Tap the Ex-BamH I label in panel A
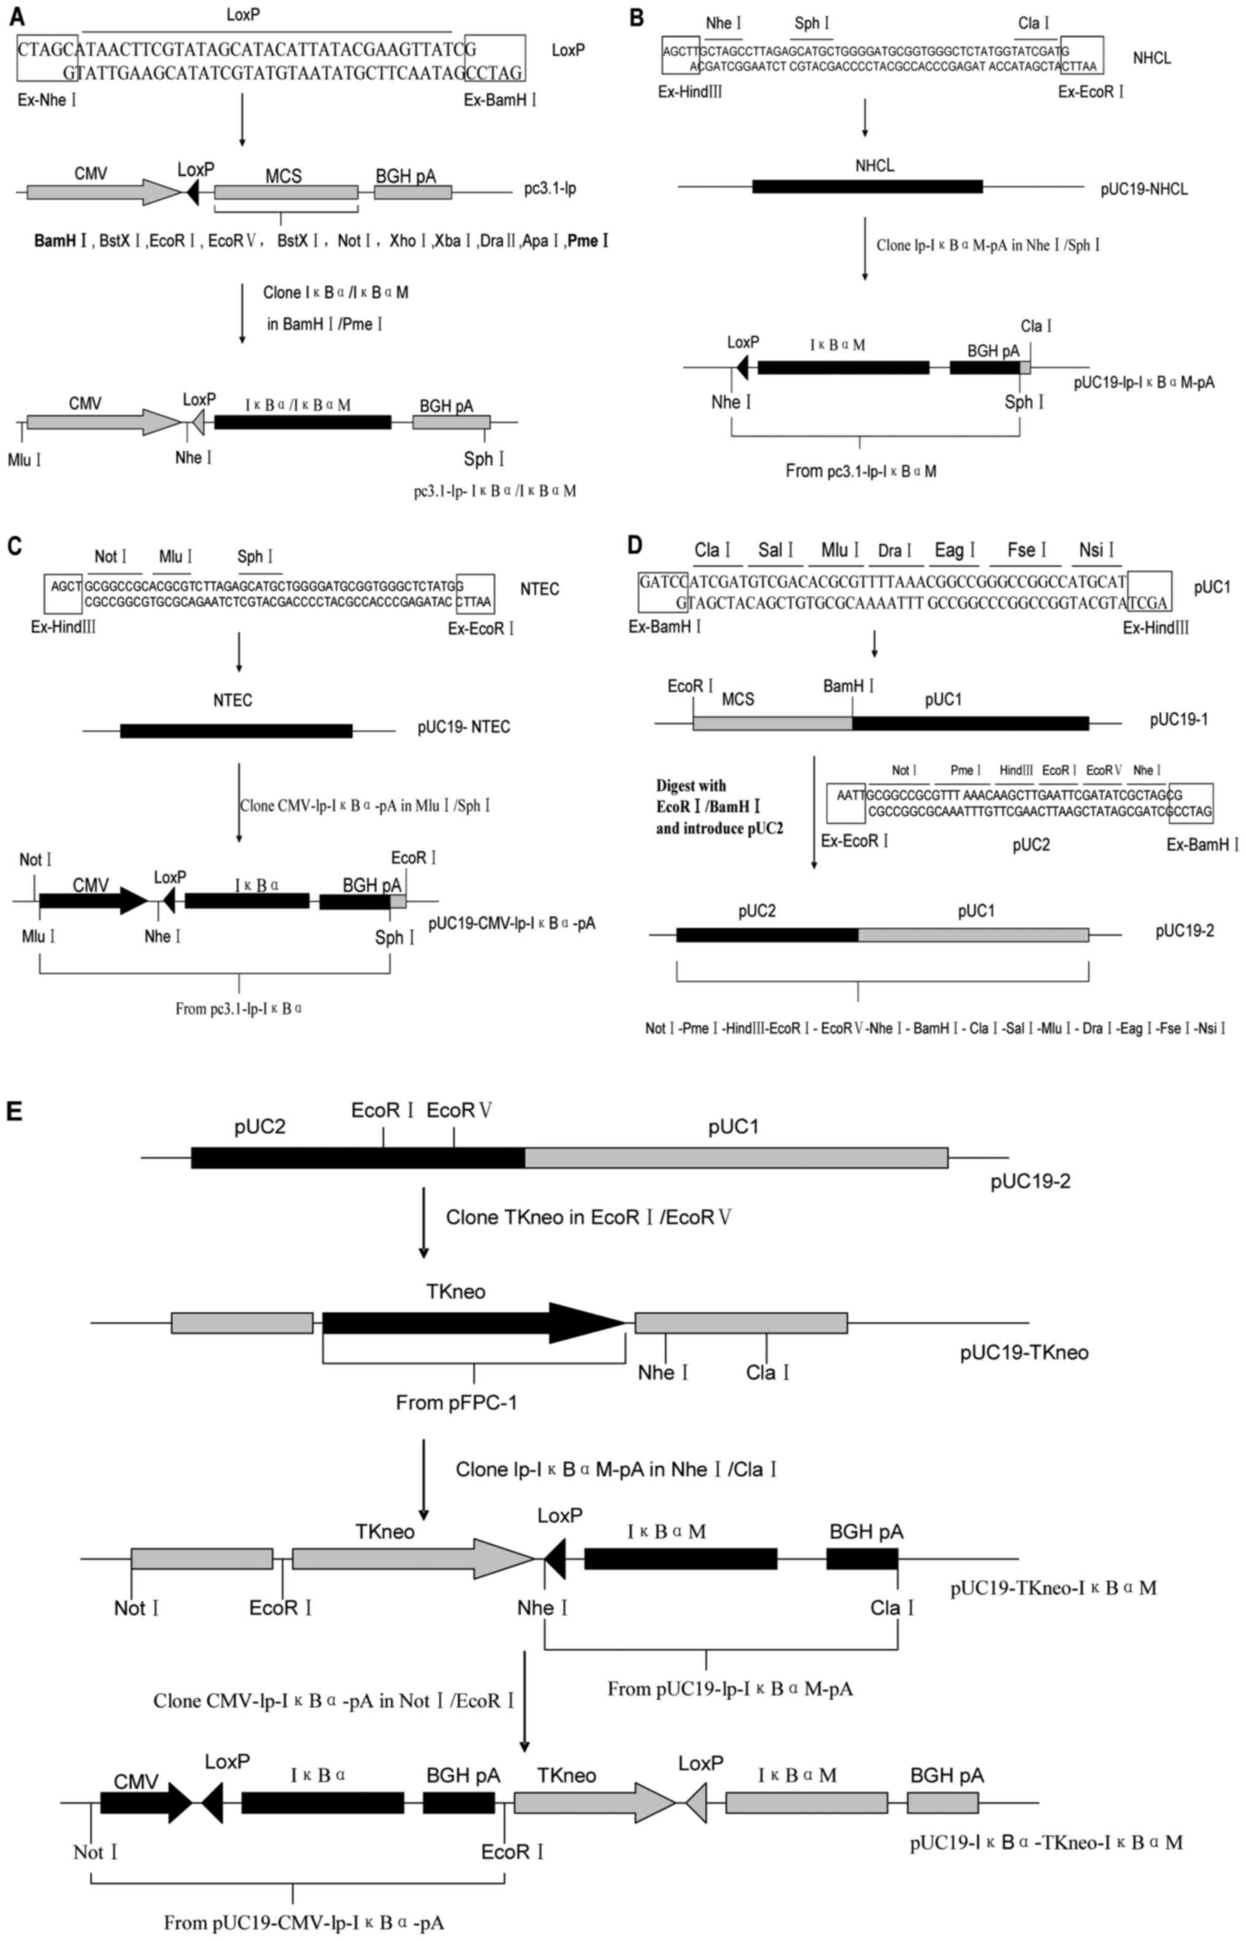pyautogui.click(x=500, y=101)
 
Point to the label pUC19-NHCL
pyautogui.click(x=1144, y=190)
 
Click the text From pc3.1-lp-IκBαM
pyautogui.click(x=861, y=471)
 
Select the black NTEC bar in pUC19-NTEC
pyautogui.click(x=236, y=731)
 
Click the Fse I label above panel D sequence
pyautogui.click(x=1027, y=551)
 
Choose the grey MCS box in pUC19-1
pyautogui.click(x=772, y=723)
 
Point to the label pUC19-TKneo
pyautogui.click(x=1023, y=1353)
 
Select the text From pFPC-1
pyautogui.click(x=456, y=1402)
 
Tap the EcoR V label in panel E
pyautogui.click(x=459, y=1111)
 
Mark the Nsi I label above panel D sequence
pyautogui.click(x=1096, y=551)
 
